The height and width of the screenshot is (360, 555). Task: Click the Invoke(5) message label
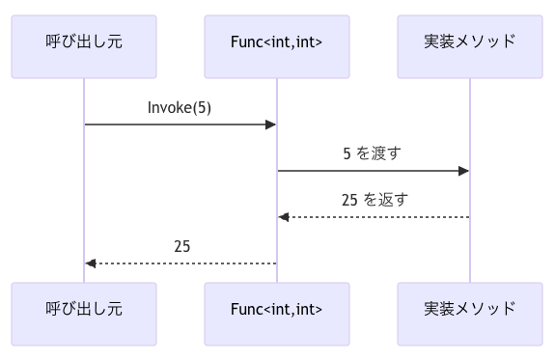[180, 107]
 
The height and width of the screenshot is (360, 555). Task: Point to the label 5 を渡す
[373, 153]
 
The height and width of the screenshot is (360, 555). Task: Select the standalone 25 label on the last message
[181, 246]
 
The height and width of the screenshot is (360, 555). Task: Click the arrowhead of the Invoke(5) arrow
[272, 125]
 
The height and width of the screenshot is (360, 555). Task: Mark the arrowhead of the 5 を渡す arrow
[464, 171]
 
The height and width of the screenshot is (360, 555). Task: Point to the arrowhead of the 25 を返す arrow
[284, 217]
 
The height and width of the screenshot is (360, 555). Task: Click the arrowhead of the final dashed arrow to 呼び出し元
[91, 263]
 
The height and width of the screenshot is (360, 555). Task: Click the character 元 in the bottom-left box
[115, 310]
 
